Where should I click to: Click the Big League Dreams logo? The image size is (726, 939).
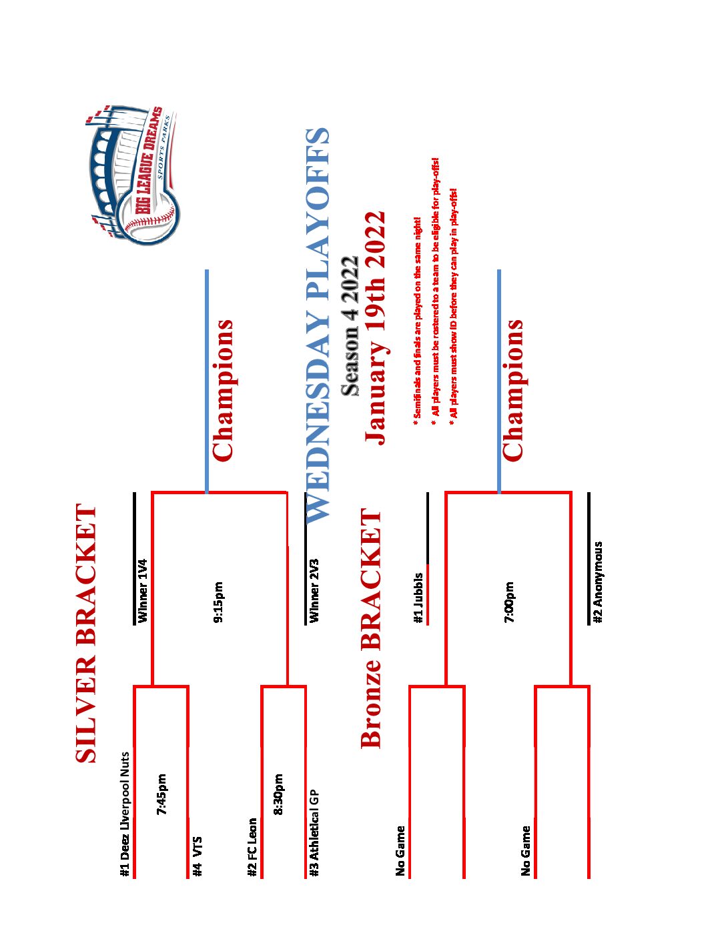133,175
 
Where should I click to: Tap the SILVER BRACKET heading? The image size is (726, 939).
87,633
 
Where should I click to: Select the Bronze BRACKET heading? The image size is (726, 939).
371,628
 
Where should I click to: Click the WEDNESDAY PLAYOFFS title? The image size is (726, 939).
318,324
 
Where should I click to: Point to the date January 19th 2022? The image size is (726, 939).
374,327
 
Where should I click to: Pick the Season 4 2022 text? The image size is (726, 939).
350,326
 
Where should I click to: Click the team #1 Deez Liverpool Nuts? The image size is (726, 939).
125,814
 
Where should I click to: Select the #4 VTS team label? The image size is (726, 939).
197,856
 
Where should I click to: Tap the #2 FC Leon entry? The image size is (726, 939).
252,847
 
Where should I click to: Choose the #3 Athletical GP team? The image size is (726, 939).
314,833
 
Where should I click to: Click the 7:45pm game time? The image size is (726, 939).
162,794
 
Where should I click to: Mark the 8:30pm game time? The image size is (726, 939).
279,794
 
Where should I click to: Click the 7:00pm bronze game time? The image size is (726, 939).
510,602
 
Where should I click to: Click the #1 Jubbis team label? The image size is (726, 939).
418,598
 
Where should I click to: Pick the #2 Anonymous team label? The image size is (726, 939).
599,582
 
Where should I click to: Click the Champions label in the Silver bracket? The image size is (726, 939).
223,390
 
